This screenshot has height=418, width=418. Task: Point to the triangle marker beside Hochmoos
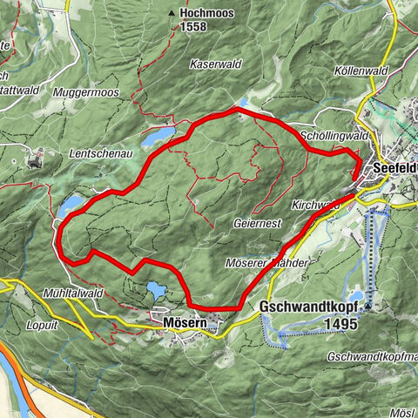click(172, 15)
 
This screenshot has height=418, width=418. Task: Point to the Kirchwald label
click(315, 204)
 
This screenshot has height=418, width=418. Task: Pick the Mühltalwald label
click(74, 293)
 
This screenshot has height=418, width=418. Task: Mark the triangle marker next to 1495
click(368, 307)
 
